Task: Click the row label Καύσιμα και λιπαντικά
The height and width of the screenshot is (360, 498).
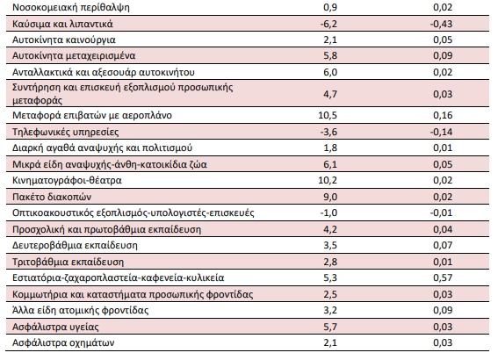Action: pyautogui.click(x=62, y=24)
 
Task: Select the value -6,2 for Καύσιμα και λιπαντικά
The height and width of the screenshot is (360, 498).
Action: pyautogui.click(x=328, y=24)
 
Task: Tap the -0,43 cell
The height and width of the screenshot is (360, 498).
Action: pyautogui.click(x=441, y=24)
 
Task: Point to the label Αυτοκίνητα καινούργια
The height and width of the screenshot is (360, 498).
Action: pyautogui.click(x=64, y=40)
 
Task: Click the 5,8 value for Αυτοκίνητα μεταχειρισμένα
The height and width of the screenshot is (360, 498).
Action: pyautogui.click(x=330, y=55)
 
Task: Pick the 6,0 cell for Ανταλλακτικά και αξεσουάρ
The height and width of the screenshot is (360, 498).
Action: pyautogui.click(x=330, y=72)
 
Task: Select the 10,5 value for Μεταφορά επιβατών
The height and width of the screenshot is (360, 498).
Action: pyautogui.click(x=328, y=115)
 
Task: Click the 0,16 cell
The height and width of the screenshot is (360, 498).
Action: pyautogui.click(x=443, y=115)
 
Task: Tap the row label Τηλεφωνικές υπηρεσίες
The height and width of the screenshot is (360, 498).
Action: pyautogui.click(x=65, y=132)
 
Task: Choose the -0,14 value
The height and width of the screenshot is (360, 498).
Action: pyautogui.click(x=441, y=132)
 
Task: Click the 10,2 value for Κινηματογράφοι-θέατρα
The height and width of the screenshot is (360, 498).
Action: pyautogui.click(x=328, y=180)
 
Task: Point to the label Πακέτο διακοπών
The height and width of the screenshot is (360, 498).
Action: pyautogui.click(x=52, y=197)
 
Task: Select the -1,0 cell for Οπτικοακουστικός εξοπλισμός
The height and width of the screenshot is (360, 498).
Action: pyautogui.click(x=328, y=212)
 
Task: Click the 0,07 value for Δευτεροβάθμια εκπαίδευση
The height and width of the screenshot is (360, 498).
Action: pyautogui.click(x=443, y=245)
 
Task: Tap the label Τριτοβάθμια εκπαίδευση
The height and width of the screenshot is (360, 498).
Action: pyautogui.click(x=68, y=263)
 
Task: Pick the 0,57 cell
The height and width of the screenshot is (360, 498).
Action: pyautogui.click(x=443, y=277)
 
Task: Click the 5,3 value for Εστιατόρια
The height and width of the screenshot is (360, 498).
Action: pyautogui.click(x=330, y=277)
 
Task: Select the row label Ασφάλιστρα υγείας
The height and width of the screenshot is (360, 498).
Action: pyautogui.click(x=55, y=327)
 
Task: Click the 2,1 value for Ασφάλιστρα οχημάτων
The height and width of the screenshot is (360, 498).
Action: pyautogui.click(x=330, y=342)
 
